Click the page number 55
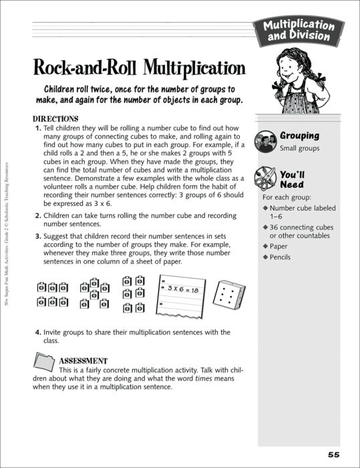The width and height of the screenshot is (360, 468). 334,454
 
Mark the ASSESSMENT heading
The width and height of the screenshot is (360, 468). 83,360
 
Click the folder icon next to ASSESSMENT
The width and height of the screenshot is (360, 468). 45,363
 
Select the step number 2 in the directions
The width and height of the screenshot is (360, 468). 37,216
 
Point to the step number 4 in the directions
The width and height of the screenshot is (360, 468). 37,332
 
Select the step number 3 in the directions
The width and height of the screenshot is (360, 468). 37,237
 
